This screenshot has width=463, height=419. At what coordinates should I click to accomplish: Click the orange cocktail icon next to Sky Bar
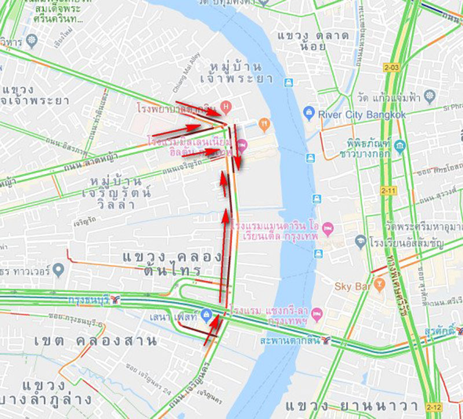[x=380, y=283]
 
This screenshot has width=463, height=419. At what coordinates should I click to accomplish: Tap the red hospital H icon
[x=226, y=107]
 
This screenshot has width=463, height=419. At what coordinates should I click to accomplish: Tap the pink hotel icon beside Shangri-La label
[x=316, y=315]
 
